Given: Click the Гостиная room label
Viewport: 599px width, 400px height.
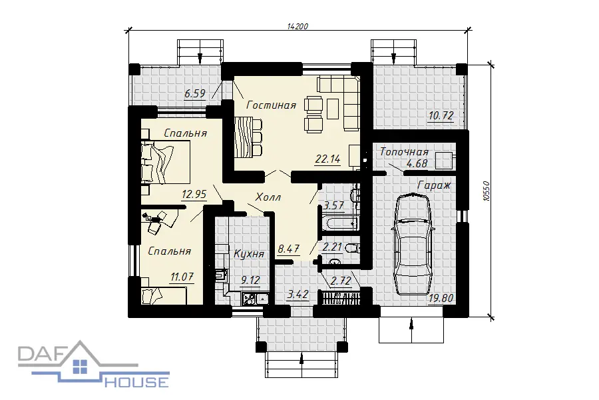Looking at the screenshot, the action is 272,105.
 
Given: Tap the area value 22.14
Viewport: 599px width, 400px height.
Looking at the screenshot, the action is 327,159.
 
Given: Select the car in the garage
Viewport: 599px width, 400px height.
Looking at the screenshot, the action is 413,244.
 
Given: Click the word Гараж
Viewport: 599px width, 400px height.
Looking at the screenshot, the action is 435,185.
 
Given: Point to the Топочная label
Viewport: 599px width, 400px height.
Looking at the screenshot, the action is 404,152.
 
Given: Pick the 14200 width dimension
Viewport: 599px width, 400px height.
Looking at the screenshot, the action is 298,27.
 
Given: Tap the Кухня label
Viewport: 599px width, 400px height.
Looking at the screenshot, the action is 249,254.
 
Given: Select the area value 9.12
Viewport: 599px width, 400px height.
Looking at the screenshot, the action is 250,280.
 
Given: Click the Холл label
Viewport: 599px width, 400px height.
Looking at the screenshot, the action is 268,197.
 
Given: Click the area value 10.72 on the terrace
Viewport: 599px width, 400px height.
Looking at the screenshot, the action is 441,115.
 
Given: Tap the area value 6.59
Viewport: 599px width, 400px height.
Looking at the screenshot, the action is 195,93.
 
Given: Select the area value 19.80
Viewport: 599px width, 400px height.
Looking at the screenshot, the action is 441,298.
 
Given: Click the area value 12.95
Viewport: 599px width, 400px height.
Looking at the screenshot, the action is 194,195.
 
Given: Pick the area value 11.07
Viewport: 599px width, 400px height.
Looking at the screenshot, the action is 182,277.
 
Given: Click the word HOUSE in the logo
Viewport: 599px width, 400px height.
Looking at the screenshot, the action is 136,381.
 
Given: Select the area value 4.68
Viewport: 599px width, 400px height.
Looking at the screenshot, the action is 417,163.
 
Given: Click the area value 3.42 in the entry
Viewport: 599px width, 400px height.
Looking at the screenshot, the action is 298,295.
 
